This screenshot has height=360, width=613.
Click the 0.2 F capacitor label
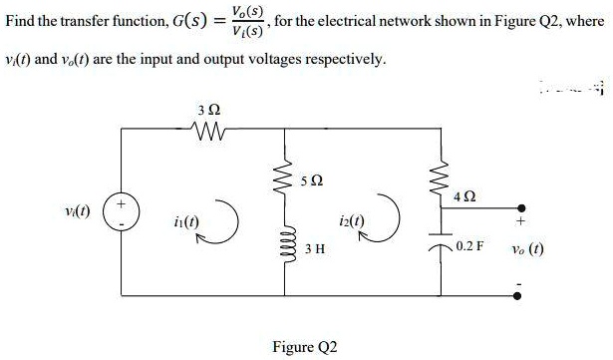click(x=469, y=244)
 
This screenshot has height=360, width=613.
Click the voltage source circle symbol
click(x=122, y=213)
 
